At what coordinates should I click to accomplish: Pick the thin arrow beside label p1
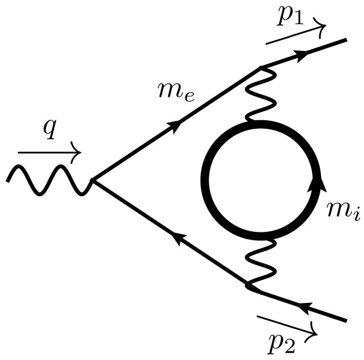(x=295, y=34)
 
